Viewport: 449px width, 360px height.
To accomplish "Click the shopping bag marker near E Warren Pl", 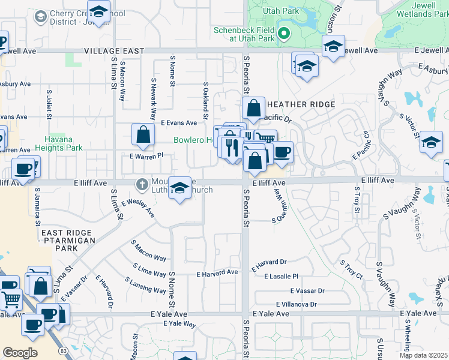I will tap(143, 136).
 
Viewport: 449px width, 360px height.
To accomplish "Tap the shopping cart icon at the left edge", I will tap(11, 299).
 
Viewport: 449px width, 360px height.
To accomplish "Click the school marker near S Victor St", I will tap(430, 143).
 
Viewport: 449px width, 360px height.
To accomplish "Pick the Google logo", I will tap(20, 353).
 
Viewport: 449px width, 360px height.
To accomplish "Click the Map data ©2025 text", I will tap(423, 355).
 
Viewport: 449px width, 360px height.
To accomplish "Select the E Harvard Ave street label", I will tap(217, 272).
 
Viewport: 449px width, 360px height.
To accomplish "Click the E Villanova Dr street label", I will tap(301, 305).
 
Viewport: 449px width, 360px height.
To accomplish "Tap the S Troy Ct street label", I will tap(351, 269).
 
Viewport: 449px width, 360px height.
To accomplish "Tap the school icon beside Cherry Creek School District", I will tap(41, 17).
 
